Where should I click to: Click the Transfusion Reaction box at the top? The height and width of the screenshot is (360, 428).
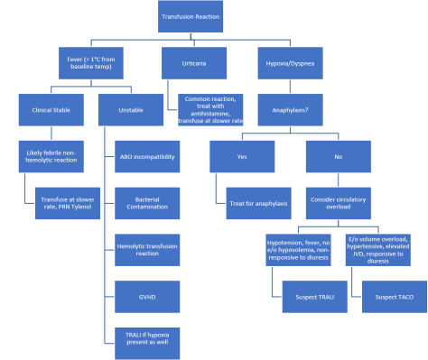pyautogui.click(x=190, y=17)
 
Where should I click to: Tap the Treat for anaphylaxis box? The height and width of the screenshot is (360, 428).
pyautogui.click(x=256, y=202)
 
